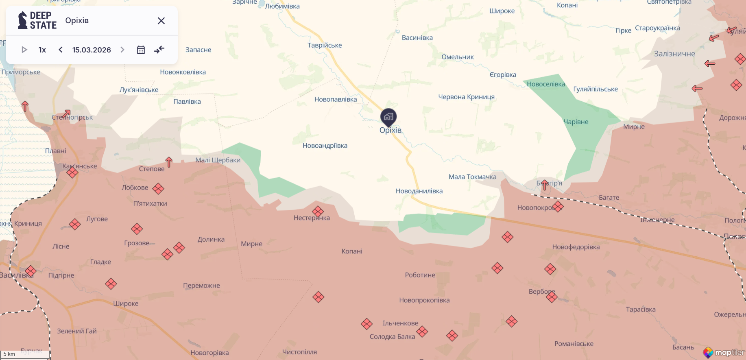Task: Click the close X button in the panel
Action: click(161, 21)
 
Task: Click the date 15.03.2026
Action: click(92, 50)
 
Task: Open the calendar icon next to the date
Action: click(141, 50)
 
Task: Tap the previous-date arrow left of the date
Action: click(61, 50)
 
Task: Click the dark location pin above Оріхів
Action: click(388, 117)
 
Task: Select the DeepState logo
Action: click(37, 20)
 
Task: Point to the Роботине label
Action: click(420, 275)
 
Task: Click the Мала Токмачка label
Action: click(472, 177)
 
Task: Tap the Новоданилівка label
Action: click(419, 191)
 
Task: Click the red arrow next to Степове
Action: click(169, 162)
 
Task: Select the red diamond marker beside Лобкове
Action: click(158, 188)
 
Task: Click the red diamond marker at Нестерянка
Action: click(318, 211)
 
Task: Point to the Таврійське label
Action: click(325, 45)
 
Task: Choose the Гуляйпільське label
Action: click(595, 89)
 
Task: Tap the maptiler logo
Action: click(724, 352)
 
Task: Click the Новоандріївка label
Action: click(325, 146)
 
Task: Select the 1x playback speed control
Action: click(42, 50)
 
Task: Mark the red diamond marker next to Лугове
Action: click(75, 224)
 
